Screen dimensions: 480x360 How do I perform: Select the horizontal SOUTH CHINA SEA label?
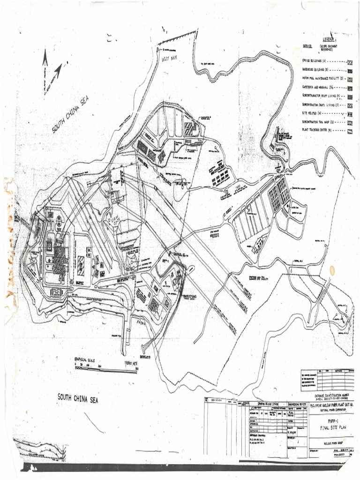coord(78,398)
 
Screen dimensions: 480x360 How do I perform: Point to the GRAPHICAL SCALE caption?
coord(84,360)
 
